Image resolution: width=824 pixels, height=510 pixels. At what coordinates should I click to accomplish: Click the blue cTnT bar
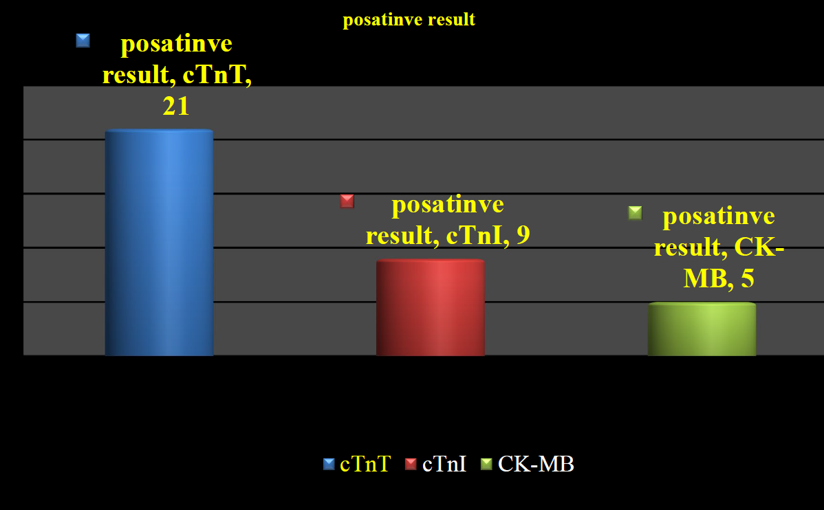(x=160, y=243)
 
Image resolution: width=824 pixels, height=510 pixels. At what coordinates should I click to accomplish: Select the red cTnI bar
(x=431, y=308)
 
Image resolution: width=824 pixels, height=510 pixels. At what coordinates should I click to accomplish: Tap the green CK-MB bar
(x=702, y=329)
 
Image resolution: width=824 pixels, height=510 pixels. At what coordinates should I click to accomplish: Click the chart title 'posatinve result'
(x=409, y=19)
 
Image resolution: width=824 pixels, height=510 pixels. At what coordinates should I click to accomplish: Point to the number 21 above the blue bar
(x=176, y=106)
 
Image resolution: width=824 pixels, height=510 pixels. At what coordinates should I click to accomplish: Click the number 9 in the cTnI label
(x=523, y=235)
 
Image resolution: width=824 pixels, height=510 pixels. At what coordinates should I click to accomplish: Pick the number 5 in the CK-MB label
(x=747, y=278)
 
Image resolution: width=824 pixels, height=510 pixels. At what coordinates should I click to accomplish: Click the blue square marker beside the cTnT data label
(x=83, y=41)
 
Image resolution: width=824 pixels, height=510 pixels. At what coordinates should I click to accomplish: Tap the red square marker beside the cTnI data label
(x=347, y=201)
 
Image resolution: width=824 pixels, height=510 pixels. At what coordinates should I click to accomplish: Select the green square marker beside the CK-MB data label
(x=636, y=212)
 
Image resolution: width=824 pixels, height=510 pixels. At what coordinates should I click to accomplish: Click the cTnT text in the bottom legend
(x=365, y=464)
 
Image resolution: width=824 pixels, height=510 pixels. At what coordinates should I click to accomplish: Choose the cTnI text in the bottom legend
(x=444, y=464)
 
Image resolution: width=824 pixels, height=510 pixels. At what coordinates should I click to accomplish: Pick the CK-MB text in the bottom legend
(x=536, y=464)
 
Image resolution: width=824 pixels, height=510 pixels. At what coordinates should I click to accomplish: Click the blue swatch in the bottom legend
(x=329, y=464)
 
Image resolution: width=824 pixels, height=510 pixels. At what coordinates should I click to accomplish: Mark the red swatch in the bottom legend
(x=411, y=464)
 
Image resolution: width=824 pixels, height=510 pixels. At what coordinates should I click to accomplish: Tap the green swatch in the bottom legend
(x=486, y=464)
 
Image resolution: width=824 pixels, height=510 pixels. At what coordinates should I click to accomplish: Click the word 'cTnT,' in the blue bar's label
(x=217, y=75)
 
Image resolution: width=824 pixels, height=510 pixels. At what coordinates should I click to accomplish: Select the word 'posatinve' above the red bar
(x=448, y=204)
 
